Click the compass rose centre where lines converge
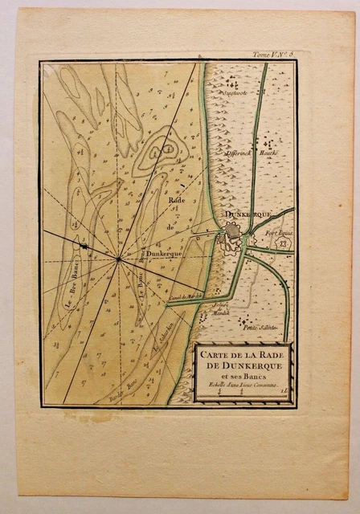pyautogui.click(x=119, y=259)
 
